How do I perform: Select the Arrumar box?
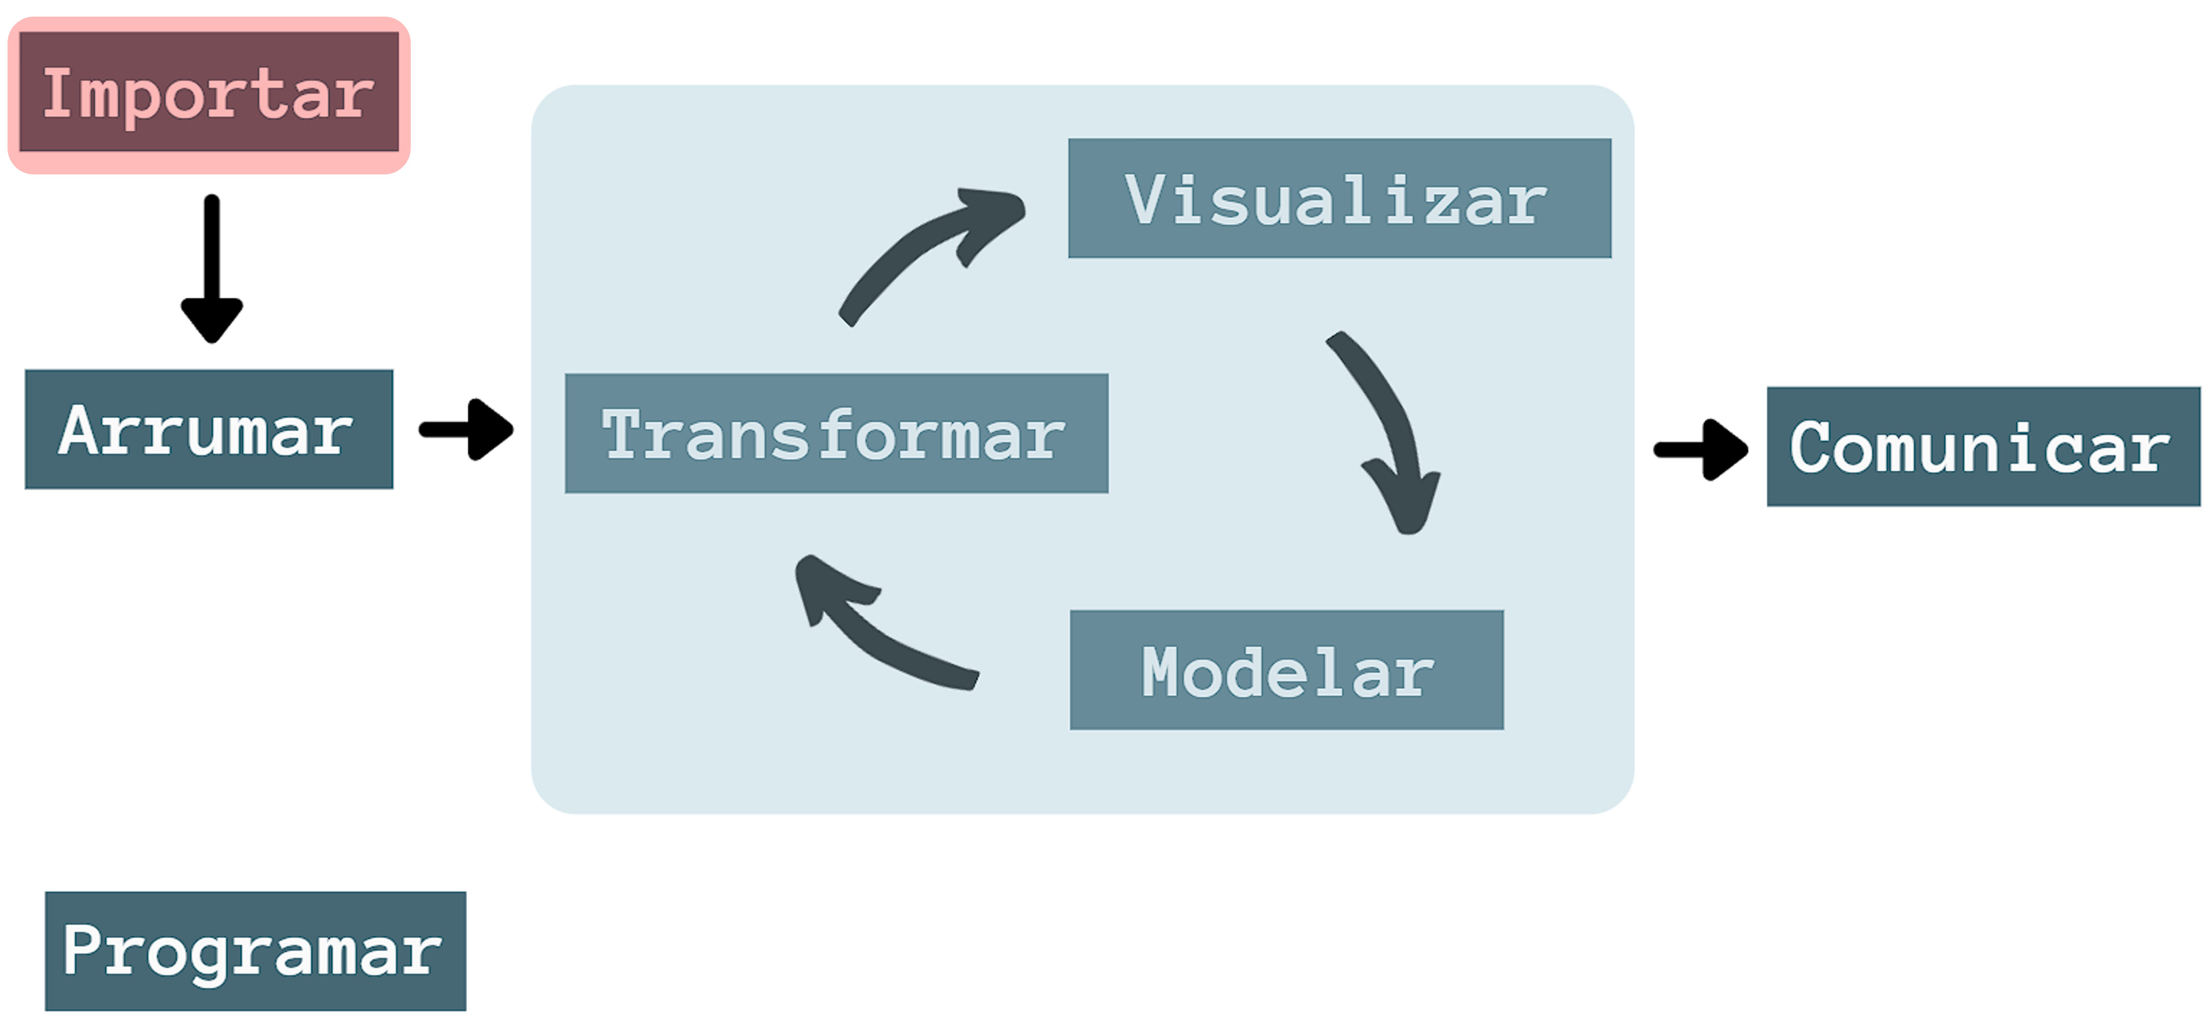pyautogui.click(x=209, y=429)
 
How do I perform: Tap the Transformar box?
pyautogui.click(x=837, y=434)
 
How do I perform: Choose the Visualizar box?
pyautogui.click(x=1340, y=199)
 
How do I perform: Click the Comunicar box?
pyautogui.click(x=1984, y=446)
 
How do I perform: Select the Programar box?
pyautogui.click(x=256, y=952)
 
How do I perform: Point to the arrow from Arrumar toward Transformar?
pyautogui.click(x=466, y=429)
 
